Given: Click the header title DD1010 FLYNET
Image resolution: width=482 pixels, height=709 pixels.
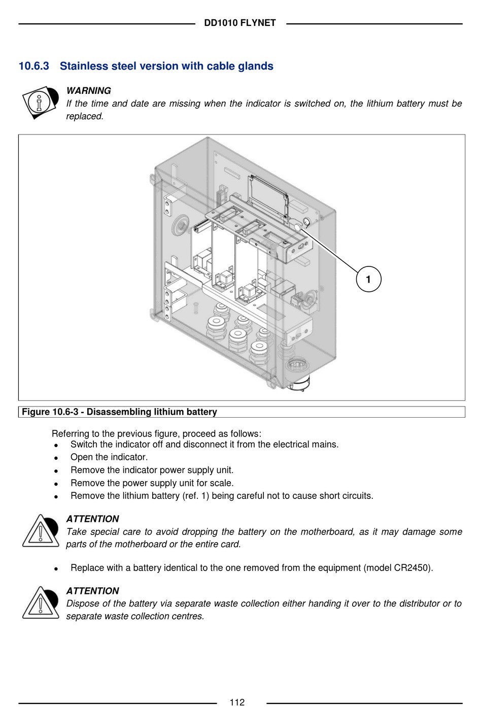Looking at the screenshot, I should [x=239, y=23].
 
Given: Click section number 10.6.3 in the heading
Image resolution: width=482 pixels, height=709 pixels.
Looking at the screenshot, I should [x=33, y=66].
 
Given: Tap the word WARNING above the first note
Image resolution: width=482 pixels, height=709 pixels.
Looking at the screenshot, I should [x=88, y=91].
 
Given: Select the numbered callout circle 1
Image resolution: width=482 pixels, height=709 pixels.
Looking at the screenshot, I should [x=368, y=279].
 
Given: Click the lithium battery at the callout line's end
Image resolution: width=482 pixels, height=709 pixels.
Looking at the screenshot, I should [x=306, y=222].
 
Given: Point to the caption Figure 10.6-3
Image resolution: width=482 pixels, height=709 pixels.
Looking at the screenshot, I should [x=50, y=412].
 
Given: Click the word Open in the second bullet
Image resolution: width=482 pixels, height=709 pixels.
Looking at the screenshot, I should [x=81, y=457].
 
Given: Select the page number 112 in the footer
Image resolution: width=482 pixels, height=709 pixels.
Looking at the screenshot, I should [x=237, y=702].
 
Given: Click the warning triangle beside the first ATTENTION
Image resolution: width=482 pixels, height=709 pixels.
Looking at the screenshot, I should [x=40, y=531].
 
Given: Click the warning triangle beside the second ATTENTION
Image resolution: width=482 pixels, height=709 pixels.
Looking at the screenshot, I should [x=40, y=603].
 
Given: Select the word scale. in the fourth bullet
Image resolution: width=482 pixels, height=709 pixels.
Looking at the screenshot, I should [x=221, y=483].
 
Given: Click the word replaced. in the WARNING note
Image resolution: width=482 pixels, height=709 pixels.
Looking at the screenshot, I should [x=85, y=116].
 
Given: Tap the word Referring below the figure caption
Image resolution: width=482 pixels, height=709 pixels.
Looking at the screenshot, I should [x=71, y=434].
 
